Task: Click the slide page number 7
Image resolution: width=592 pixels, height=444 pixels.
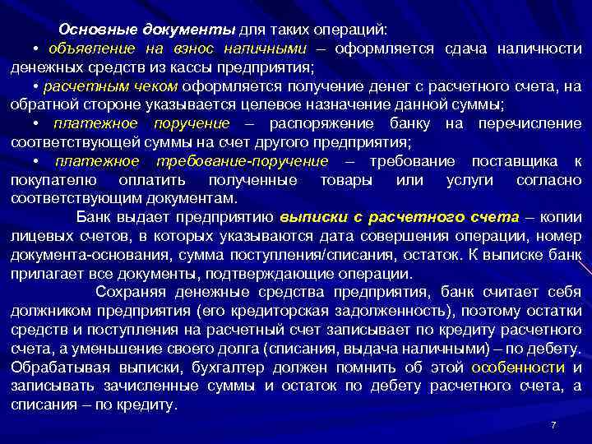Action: click(x=553, y=424)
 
